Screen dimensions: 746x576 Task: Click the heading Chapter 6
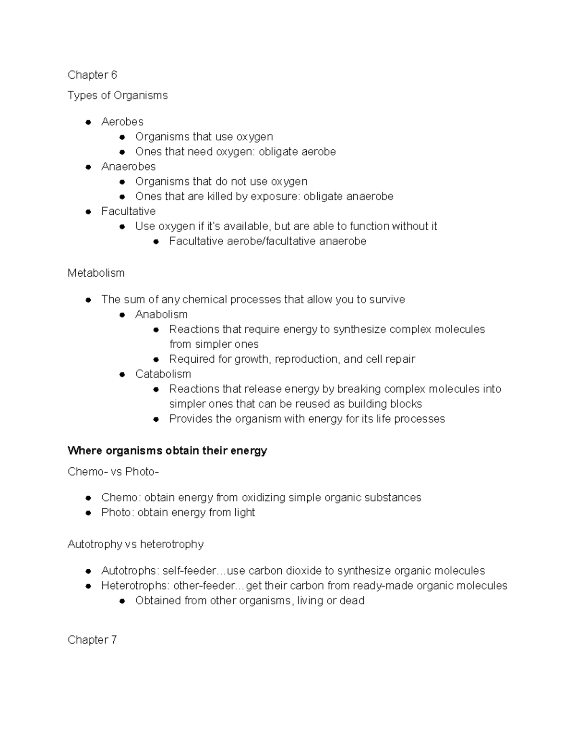(92, 74)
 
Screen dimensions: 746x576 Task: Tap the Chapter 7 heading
(92, 639)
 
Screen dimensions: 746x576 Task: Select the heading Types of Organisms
(118, 95)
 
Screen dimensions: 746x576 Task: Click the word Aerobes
(122, 122)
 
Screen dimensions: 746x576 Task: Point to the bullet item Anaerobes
(128, 166)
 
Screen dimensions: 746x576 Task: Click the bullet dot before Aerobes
(88, 122)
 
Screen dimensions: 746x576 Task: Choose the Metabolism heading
(96, 273)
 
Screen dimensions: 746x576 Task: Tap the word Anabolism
(161, 314)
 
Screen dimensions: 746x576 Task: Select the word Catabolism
(163, 374)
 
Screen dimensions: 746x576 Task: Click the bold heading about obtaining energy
(167, 451)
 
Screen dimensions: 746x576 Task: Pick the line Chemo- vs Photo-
(113, 472)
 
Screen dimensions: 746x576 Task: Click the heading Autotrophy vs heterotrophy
(135, 544)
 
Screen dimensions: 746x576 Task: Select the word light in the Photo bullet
(244, 512)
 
